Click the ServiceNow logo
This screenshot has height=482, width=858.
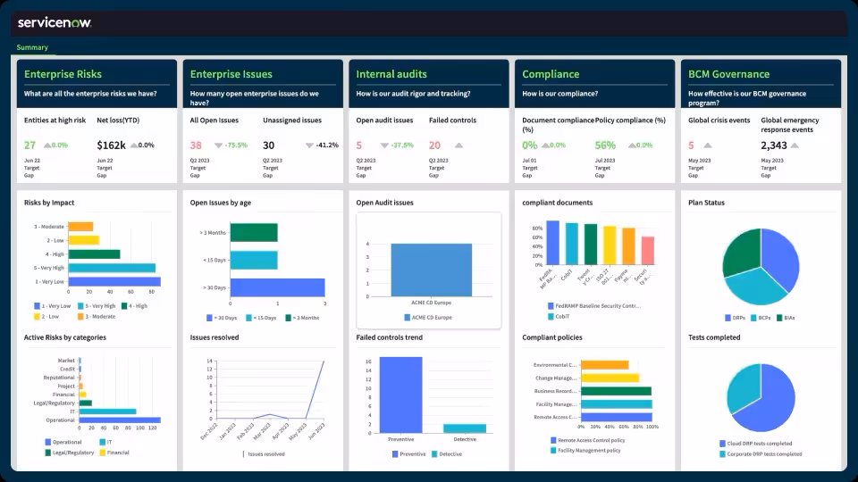55,22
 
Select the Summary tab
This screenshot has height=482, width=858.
32,47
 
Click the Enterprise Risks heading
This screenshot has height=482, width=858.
63,74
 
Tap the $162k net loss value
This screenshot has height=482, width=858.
111,145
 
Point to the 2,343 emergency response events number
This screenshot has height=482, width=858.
774,145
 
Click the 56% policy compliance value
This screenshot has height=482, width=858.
605,145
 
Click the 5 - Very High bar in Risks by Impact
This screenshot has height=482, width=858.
112,267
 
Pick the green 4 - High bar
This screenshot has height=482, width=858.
94,253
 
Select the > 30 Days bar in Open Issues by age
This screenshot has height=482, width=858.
277,287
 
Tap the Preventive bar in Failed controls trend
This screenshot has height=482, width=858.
400,395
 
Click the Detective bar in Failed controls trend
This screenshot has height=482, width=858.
465,428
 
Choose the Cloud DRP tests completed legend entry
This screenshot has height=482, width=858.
759,444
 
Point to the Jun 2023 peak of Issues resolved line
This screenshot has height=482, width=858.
323,361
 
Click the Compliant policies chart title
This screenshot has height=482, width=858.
552,337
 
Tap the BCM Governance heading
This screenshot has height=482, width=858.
728,74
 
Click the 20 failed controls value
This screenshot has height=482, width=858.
434,145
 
